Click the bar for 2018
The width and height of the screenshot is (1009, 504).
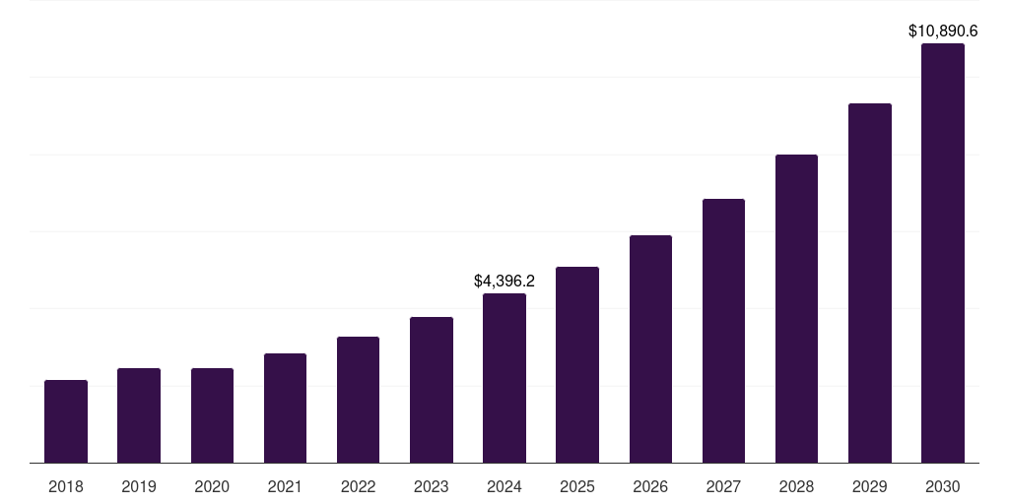66,421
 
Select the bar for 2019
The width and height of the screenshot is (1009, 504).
139,415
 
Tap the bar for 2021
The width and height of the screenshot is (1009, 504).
285,408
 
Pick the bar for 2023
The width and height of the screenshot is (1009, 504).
432,390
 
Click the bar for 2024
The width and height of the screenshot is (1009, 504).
504,378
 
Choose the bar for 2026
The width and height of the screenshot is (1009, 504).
650,348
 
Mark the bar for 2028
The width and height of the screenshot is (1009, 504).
796,308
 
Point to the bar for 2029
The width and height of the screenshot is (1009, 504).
869,283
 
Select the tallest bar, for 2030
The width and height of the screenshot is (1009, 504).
942,253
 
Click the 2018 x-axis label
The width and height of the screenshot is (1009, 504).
66,486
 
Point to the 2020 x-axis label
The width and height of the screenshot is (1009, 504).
212,486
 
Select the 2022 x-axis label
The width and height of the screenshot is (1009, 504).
358,486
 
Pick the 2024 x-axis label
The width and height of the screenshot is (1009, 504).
504,486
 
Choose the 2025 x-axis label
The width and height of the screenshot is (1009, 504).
577,486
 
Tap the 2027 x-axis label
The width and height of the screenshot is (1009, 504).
723,486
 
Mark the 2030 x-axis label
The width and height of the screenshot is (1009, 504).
942,486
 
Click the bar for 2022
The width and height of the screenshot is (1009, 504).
358,400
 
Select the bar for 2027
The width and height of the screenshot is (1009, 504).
723,331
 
